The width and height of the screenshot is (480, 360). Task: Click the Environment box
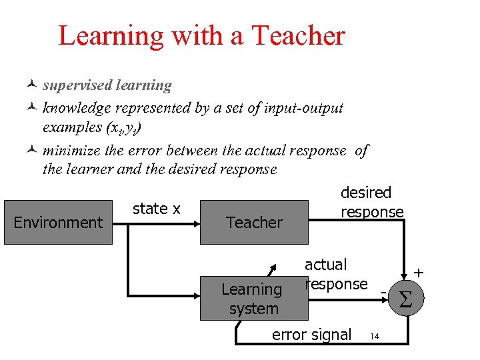coord(58,222)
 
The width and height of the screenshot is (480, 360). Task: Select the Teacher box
coord(254,222)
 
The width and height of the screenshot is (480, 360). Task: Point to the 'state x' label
coord(156,209)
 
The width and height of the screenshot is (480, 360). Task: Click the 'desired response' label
coord(372,202)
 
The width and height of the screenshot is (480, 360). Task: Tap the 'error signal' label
coord(311,334)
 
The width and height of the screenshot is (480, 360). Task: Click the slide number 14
coord(375,336)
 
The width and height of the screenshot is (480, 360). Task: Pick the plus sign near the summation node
coord(419,273)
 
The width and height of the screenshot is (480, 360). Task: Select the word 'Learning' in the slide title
coord(111,35)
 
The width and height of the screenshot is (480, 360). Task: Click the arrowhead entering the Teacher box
coord(198,222)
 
